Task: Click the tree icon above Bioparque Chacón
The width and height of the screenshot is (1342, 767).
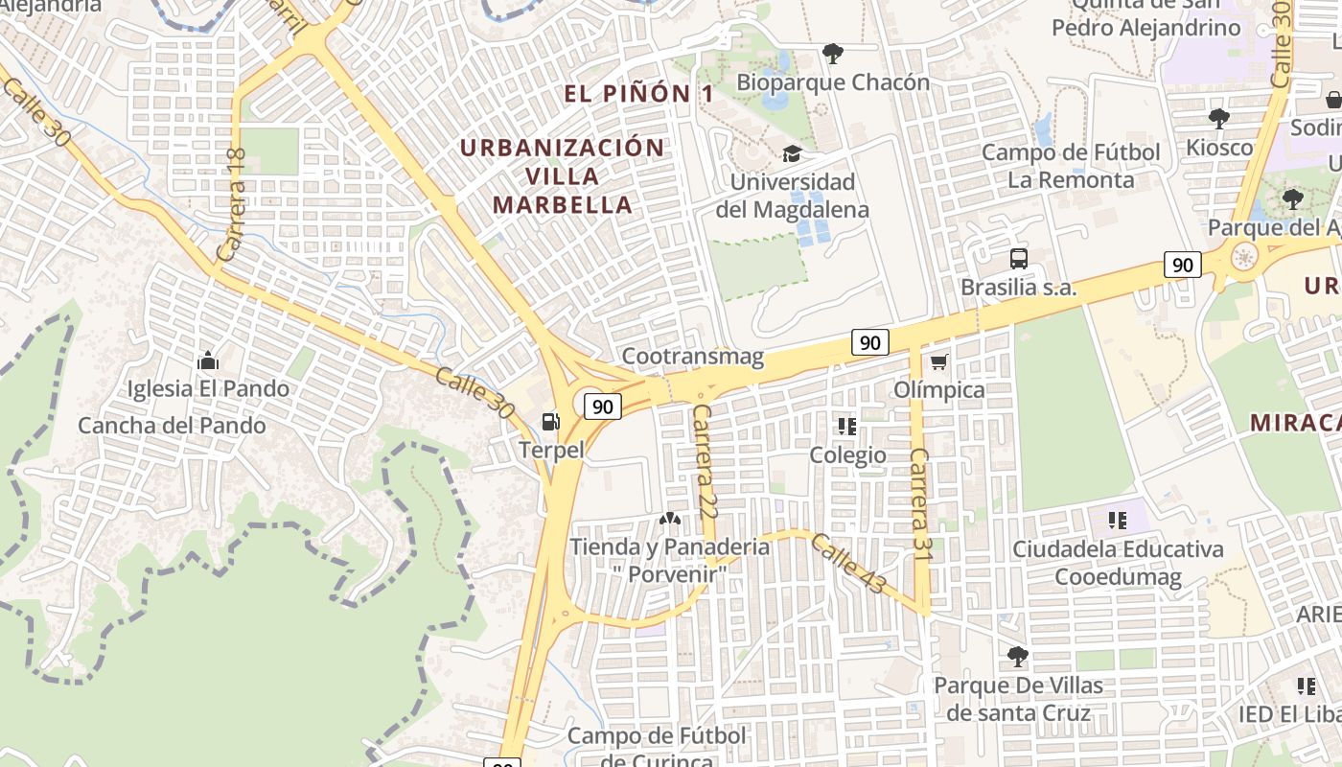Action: (832, 53)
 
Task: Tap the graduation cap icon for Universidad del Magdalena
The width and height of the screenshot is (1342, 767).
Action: (792, 153)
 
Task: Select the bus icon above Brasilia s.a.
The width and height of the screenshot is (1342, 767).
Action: (1018, 258)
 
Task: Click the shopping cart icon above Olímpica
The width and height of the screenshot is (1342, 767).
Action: (938, 361)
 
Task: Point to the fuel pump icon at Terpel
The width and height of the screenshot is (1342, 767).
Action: (550, 421)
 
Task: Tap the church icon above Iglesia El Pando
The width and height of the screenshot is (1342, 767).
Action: (207, 360)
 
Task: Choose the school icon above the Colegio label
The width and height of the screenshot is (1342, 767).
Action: (846, 426)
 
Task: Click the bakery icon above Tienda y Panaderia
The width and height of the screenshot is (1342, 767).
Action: (669, 519)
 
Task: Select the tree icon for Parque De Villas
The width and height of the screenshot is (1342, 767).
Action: (1017, 657)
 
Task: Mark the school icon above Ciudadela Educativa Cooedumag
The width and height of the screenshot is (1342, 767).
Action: (1117, 521)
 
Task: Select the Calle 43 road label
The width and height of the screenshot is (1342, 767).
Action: (848, 564)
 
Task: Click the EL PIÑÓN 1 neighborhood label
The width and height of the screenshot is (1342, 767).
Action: (638, 94)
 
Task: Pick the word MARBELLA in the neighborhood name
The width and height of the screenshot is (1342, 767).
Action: (563, 204)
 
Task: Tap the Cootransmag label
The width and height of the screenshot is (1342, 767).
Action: (692, 357)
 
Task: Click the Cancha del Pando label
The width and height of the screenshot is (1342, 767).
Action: (172, 425)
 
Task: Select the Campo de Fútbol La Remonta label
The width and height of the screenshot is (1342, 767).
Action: (1071, 166)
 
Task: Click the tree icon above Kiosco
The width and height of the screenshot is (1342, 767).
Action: (1218, 119)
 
